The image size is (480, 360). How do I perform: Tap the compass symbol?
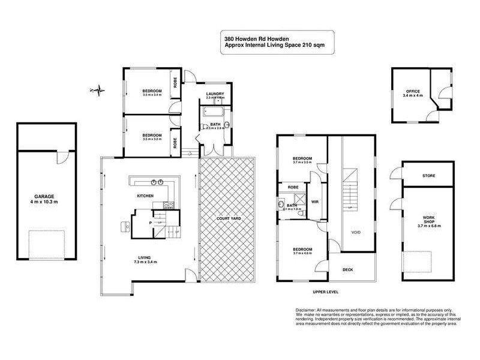click(97, 91)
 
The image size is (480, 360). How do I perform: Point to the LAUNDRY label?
click(215, 94)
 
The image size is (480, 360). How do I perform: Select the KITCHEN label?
click(146, 196)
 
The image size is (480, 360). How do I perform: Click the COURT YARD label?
click(228, 218)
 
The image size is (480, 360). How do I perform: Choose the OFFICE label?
click(412, 91)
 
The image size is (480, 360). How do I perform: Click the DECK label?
click(348, 269)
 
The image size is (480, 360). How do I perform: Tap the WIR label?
click(314, 202)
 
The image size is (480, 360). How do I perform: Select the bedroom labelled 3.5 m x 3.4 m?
click(146, 92)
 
